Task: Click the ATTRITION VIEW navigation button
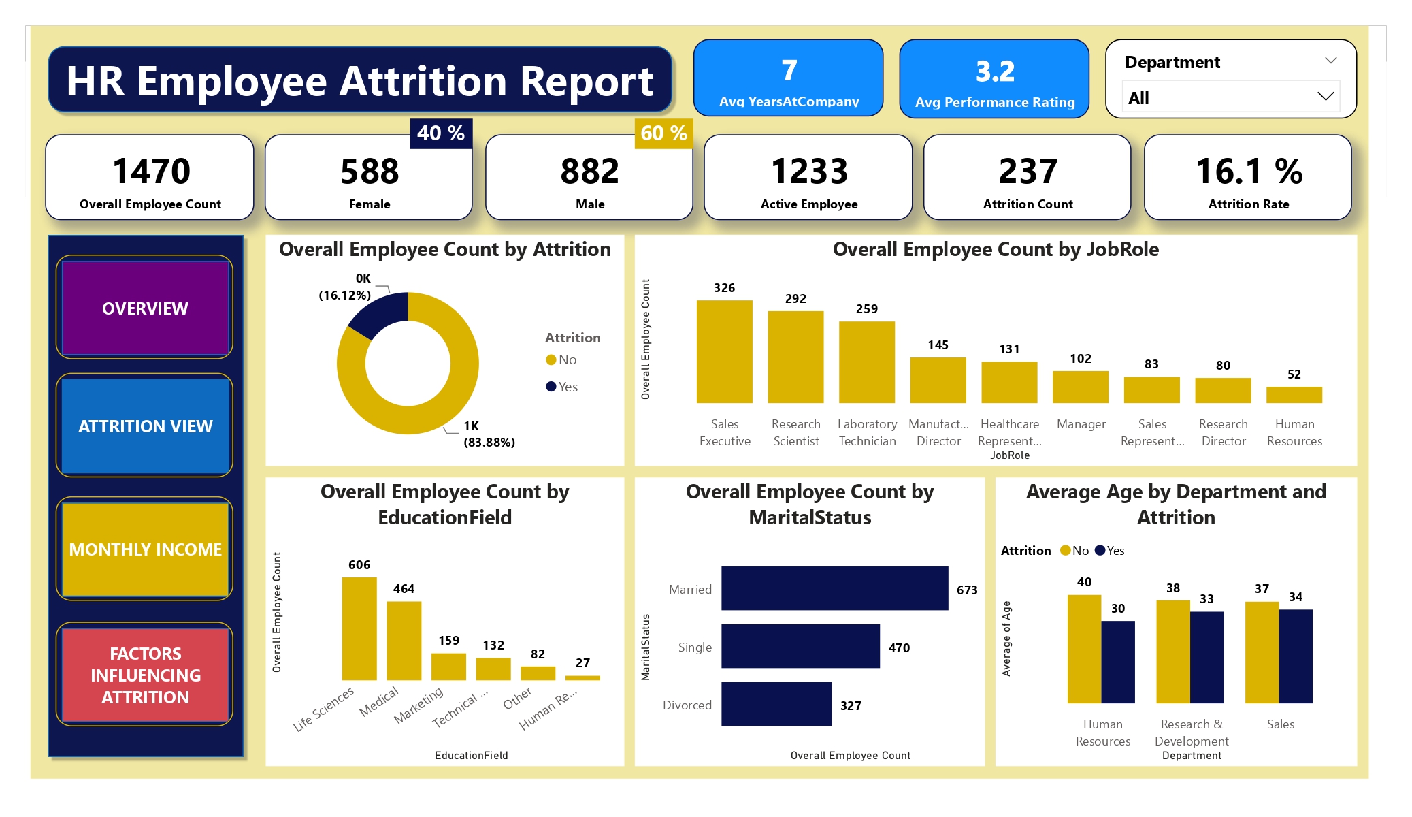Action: point(145,426)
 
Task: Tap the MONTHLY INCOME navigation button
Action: point(145,549)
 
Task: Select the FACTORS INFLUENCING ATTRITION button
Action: point(145,675)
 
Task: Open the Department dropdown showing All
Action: point(1230,97)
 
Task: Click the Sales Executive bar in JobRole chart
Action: point(724,351)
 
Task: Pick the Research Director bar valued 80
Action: point(1223,390)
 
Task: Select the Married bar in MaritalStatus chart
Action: point(834,588)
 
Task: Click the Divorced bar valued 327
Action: point(776,704)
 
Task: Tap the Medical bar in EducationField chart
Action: point(404,640)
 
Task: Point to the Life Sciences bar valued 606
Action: point(359,628)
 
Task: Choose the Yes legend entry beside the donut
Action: point(562,387)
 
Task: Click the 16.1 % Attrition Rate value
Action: point(1249,171)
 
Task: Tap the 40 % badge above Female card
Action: point(441,133)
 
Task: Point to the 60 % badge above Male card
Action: point(663,133)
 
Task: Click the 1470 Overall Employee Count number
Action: point(151,171)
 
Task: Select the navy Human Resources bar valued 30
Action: point(1118,662)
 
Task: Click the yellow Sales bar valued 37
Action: point(1262,652)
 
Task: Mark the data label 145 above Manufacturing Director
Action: point(938,345)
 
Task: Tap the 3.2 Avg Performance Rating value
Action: point(994,71)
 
